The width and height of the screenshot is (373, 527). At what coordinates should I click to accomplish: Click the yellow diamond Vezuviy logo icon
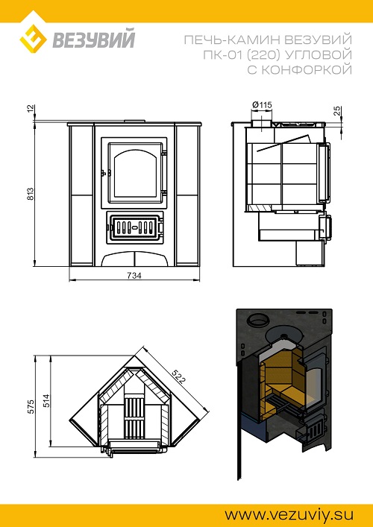33,40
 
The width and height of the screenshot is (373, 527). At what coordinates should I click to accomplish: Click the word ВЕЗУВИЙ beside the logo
93,40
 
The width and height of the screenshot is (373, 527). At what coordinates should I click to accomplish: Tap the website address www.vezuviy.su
289,514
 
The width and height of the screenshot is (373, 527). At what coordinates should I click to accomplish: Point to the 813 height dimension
31,194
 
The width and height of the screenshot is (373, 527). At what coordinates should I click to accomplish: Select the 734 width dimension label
134,275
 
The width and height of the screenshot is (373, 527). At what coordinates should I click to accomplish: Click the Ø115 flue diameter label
262,105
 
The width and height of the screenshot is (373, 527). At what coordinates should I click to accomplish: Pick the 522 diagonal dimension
178,376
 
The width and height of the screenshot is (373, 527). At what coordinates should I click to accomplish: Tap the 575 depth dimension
31,406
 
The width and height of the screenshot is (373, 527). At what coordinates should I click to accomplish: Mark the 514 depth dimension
46,400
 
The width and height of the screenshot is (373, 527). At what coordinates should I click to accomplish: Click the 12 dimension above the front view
31,109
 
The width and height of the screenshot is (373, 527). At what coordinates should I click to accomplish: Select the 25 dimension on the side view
337,110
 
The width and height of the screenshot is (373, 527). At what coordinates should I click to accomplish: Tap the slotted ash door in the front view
134,227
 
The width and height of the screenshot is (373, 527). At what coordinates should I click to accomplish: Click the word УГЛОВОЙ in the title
322,55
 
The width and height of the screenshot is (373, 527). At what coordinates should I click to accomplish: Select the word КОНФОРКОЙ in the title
307,70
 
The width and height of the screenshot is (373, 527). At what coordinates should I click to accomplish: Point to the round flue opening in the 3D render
258,320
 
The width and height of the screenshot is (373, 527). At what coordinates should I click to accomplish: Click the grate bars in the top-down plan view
134,418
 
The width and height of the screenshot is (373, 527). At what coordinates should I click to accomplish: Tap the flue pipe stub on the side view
260,122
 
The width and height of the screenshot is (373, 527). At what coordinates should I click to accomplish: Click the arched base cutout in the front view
134,259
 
